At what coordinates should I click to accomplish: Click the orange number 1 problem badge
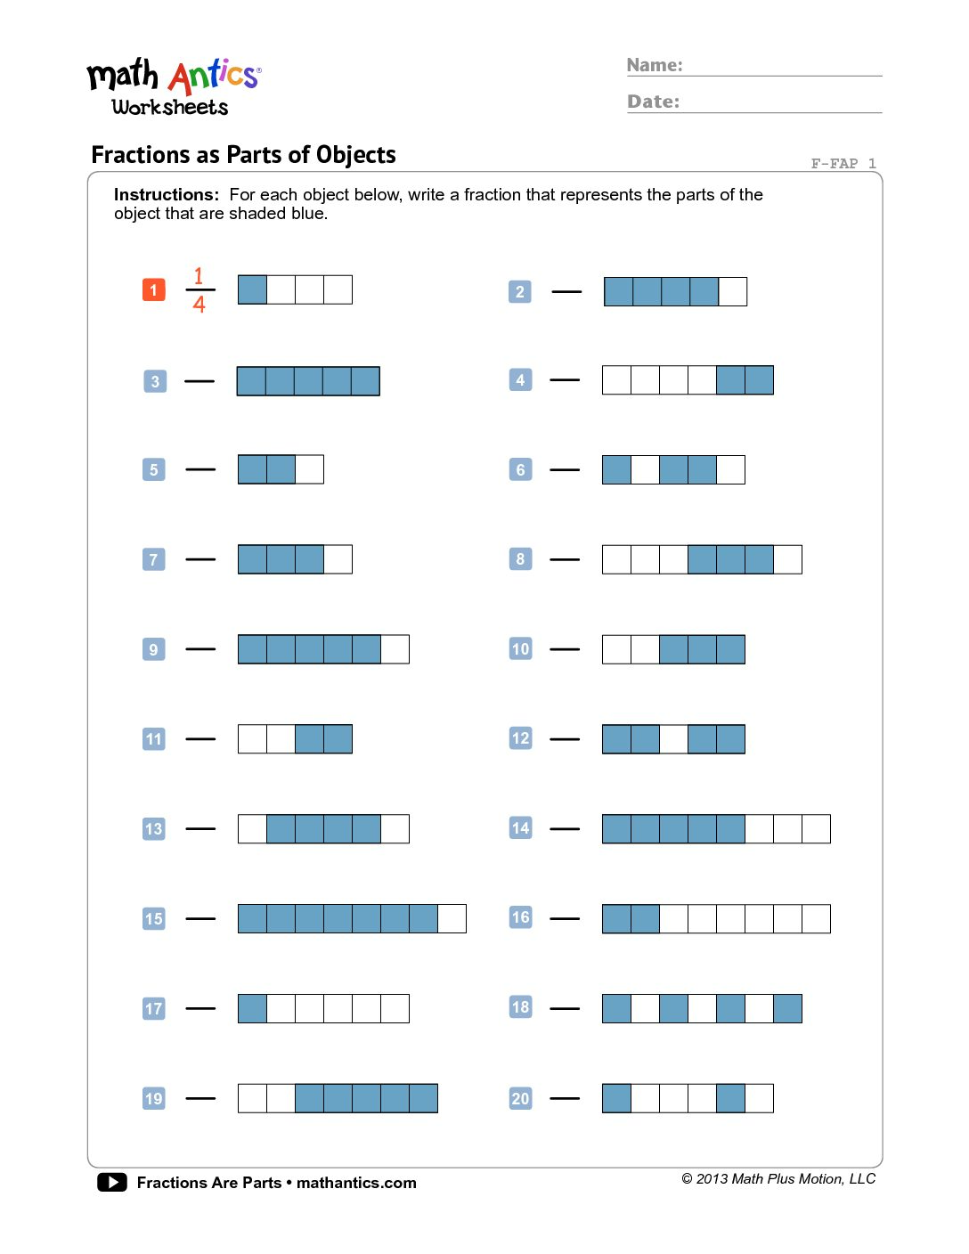[x=153, y=289]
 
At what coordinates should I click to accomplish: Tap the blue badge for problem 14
[x=520, y=828]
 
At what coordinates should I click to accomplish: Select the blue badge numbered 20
[x=520, y=1098]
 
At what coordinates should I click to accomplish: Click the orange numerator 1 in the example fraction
[x=199, y=276]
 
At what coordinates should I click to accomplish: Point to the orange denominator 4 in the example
[x=199, y=305]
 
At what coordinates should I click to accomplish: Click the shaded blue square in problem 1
[x=252, y=289]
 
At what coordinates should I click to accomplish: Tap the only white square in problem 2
[x=732, y=291]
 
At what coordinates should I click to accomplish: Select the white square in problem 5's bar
[x=309, y=469]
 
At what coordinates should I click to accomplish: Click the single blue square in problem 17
[x=252, y=1008]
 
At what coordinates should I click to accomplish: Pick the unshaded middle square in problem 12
[x=673, y=739]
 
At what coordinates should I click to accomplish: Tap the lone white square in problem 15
[x=452, y=918]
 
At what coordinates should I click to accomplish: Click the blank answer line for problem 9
[x=200, y=649]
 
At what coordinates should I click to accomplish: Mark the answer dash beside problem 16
[x=565, y=918]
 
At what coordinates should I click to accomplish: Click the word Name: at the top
[x=655, y=65]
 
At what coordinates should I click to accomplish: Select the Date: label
[x=653, y=102]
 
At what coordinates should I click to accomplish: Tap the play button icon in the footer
[x=112, y=1182]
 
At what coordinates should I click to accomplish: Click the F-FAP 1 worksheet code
[x=843, y=163]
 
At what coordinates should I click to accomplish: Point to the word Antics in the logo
[x=214, y=77]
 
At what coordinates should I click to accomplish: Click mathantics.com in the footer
[x=356, y=1183]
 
